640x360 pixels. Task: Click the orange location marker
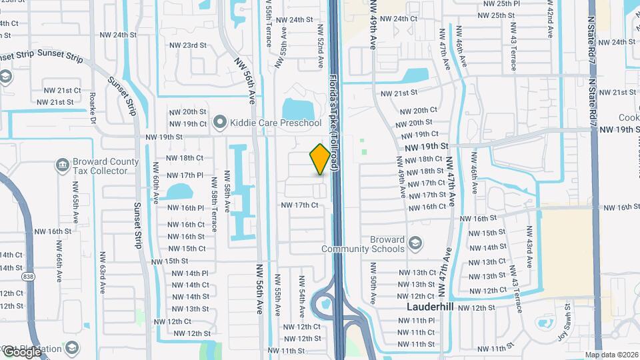(320, 159)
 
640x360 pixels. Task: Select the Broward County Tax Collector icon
(62, 164)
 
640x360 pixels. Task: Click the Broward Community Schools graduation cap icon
(415, 241)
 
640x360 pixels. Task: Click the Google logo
(22, 351)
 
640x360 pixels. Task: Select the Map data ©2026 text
(611, 355)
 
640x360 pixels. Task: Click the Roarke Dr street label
(92, 107)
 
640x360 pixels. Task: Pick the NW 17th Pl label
(186, 175)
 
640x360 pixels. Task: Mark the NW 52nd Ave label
(321, 45)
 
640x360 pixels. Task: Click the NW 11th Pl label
(419, 321)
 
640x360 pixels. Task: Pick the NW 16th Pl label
(186, 208)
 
